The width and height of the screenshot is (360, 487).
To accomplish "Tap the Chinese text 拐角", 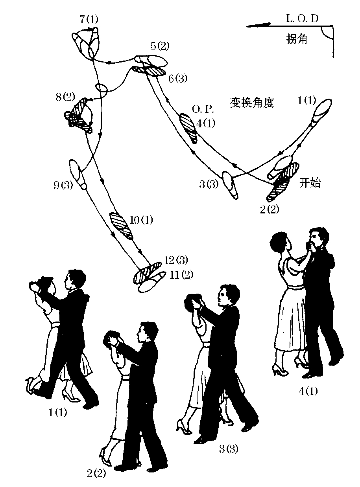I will point(297,39).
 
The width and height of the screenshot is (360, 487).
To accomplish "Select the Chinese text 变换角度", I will point(251,103).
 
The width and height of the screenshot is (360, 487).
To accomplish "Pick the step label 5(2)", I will point(160,46).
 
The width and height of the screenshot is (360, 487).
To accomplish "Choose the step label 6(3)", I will point(177,78).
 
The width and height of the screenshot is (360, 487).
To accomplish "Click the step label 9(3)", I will point(63,185).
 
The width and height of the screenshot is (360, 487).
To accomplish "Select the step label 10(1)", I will point(141,220).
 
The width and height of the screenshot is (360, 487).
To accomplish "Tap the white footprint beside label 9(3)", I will point(78,173).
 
